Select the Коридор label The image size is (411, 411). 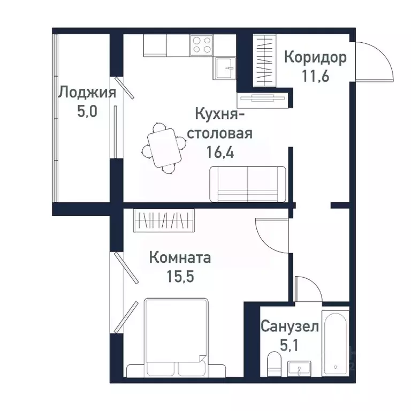tap(315, 57)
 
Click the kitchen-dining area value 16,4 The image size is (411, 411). tap(223, 151)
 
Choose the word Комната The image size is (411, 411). tap(180, 258)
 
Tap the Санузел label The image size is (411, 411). tap(290, 326)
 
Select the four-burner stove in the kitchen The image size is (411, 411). tap(201, 44)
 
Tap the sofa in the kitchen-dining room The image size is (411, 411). tap(248, 183)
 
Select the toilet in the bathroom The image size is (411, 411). tap(273, 364)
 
